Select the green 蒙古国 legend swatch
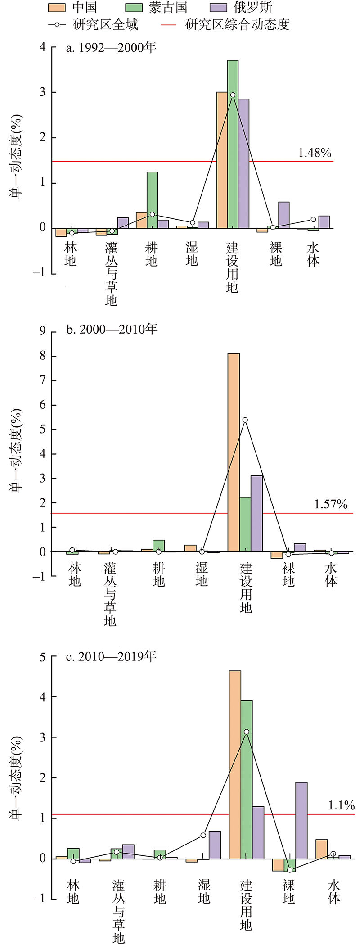[x=134, y=8]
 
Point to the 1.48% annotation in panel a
[x=315, y=153]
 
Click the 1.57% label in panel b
[x=331, y=504]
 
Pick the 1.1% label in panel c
[x=342, y=805]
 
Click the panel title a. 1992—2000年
[x=111, y=48]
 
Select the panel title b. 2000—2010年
[x=112, y=330]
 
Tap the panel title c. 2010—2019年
[x=111, y=656]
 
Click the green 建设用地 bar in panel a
[x=233, y=144]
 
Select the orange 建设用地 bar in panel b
[x=234, y=452]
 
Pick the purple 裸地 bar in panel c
[x=301, y=821]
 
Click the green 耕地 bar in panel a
[x=152, y=200]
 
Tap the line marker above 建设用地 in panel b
[x=245, y=420]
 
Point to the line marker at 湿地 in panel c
[x=203, y=835]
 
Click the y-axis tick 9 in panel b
[x=43, y=332]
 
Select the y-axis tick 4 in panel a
[x=42, y=47]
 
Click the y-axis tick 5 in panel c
[x=43, y=657]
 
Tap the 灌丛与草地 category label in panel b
[x=110, y=594]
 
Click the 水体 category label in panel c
[x=334, y=892]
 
